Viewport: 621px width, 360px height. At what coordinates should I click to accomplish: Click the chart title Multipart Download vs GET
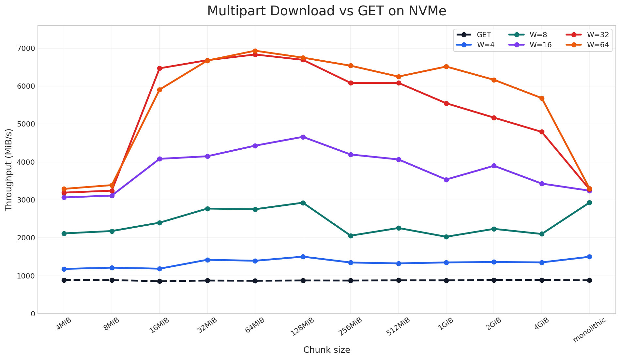(x=326, y=11)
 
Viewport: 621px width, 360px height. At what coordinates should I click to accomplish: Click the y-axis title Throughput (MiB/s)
(x=9, y=170)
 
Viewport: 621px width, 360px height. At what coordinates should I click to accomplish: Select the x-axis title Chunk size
(x=326, y=350)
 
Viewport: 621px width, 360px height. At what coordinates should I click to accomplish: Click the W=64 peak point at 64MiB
(x=255, y=51)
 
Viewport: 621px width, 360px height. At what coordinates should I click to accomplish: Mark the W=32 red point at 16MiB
(x=159, y=68)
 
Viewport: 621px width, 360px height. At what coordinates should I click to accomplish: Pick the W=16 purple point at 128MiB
(x=303, y=137)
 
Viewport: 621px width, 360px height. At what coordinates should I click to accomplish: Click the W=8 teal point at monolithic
(x=589, y=202)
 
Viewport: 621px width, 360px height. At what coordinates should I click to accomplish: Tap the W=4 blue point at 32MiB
(x=207, y=260)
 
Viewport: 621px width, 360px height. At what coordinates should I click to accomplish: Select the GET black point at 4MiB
(x=64, y=280)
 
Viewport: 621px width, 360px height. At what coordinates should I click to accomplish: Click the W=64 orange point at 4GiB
(x=542, y=98)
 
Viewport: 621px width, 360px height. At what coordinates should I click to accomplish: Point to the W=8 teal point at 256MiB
(x=351, y=236)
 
